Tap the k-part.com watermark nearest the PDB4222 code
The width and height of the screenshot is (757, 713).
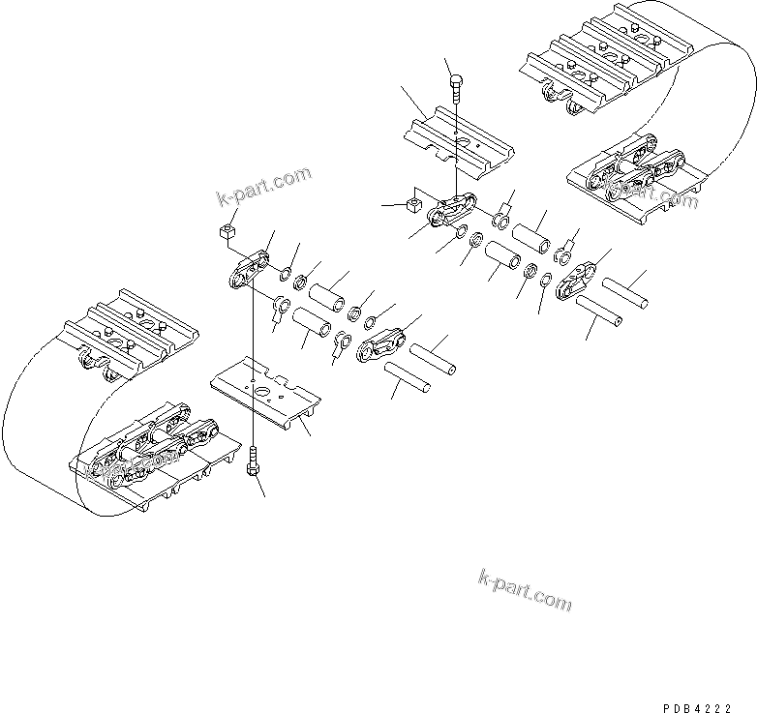point(525,589)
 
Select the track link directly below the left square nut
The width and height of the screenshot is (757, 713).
point(248,270)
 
